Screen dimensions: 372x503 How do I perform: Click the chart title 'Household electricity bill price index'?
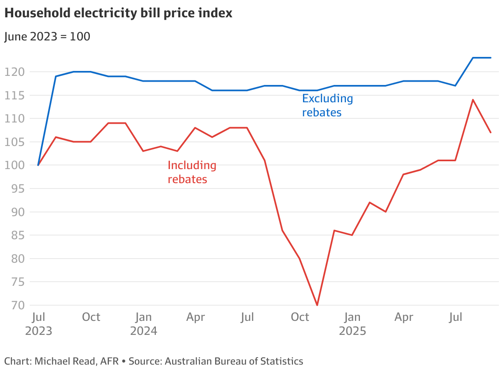coord(118,13)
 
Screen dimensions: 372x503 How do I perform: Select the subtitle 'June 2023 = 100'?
coord(47,36)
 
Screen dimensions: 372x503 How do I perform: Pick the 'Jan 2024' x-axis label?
coord(143,324)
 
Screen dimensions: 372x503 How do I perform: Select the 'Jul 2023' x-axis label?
coord(39,324)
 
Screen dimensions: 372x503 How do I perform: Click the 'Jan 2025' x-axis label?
coord(352,324)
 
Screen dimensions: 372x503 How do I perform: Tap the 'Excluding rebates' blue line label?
coord(327,105)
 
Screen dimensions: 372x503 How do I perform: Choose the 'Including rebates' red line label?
coord(192,172)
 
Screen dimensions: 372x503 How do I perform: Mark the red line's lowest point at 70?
coord(317,305)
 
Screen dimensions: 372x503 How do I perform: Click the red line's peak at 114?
coord(473,99)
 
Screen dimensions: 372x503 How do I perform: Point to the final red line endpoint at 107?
coord(491,132)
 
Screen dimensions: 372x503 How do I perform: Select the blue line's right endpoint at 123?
coord(491,58)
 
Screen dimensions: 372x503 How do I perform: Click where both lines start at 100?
coord(38,165)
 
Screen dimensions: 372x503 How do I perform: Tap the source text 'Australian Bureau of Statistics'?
coord(234,361)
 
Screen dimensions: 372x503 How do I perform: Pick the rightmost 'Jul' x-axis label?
coord(456,317)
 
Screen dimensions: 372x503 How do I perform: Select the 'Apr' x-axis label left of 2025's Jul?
coord(404,317)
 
